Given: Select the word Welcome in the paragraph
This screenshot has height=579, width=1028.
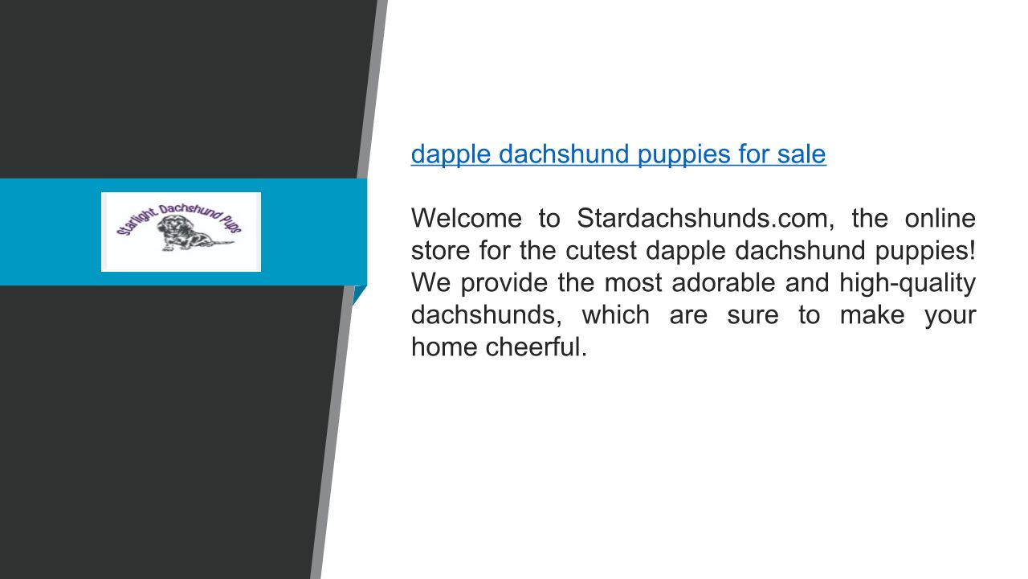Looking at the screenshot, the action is pyautogui.click(x=467, y=218).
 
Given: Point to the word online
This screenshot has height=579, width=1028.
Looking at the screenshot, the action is pyautogui.click(x=940, y=218).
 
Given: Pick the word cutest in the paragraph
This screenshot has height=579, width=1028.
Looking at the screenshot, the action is pyautogui.click(x=601, y=250).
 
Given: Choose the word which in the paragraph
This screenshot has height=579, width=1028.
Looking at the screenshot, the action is pyautogui.click(x=616, y=314).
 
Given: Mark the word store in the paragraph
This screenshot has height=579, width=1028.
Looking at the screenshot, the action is pyautogui.click(x=441, y=251).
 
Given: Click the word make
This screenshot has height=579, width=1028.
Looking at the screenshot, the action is pyautogui.click(x=872, y=314).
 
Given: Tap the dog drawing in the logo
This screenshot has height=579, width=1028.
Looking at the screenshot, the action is pyautogui.click(x=188, y=233).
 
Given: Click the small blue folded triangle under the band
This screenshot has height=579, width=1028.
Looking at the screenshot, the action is pyautogui.click(x=358, y=294).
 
